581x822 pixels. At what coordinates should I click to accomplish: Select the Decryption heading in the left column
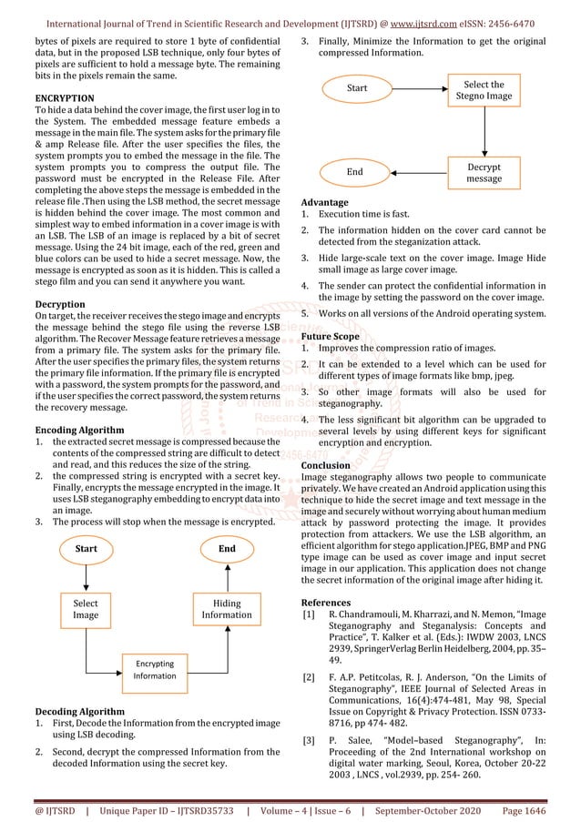coord(61,303)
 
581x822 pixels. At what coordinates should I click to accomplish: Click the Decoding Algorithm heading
coord(80,711)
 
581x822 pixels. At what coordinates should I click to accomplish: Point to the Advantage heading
coord(324,202)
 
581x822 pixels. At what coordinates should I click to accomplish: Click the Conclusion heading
coord(325,465)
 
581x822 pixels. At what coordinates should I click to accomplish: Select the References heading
coord(326,603)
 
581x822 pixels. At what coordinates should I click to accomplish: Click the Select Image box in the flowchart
coord(86,609)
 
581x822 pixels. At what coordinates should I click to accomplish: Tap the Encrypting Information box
coord(155,669)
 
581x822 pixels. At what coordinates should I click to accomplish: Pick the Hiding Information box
coord(227,609)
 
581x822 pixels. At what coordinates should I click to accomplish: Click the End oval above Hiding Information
coord(227,549)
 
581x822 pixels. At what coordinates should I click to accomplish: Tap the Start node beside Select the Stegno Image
coord(358,88)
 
